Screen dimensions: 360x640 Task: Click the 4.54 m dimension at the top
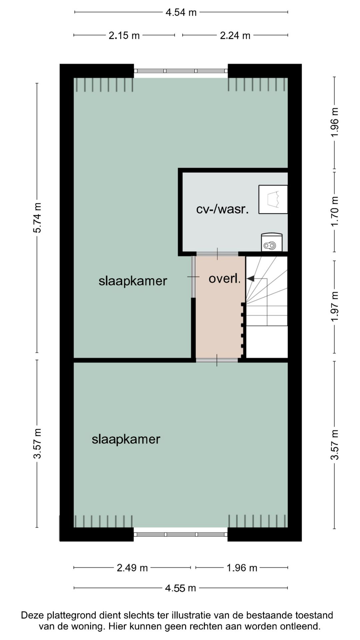pyautogui.click(x=181, y=12)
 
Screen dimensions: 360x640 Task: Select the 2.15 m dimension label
pyautogui.click(x=124, y=35)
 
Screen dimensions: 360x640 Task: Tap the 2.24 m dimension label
pyautogui.click(x=235, y=35)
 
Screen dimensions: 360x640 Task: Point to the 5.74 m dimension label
pyautogui.click(x=37, y=218)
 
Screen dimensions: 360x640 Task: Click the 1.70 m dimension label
pyautogui.click(x=334, y=211)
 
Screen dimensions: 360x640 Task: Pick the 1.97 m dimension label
pyautogui.click(x=334, y=307)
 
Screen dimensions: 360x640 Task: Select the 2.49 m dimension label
pyautogui.click(x=132, y=568)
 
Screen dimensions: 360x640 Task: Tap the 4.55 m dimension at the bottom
pyautogui.click(x=180, y=588)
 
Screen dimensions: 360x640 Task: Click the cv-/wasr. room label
pyautogui.click(x=222, y=209)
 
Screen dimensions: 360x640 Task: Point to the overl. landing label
pyautogui.click(x=224, y=278)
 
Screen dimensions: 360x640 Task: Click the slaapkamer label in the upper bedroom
pyautogui.click(x=133, y=281)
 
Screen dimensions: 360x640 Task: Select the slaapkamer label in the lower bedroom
pyautogui.click(x=126, y=439)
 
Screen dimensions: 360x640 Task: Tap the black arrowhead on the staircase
pyautogui.click(x=250, y=278)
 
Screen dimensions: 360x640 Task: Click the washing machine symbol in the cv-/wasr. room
pyautogui.click(x=272, y=242)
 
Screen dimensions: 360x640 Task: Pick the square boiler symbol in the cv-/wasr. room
pyautogui.click(x=273, y=199)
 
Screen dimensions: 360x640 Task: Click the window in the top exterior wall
pyautogui.click(x=181, y=71)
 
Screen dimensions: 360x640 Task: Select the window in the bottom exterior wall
pyautogui.click(x=181, y=534)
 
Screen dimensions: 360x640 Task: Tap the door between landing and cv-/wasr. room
pyautogui.click(x=217, y=254)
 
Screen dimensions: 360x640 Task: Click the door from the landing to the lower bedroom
pyautogui.click(x=217, y=360)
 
